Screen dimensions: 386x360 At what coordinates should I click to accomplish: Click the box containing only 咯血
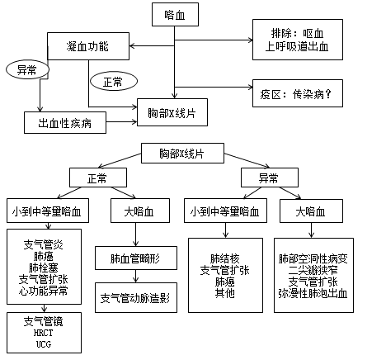(x=175, y=15)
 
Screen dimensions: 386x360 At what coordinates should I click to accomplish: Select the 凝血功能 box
(x=88, y=46)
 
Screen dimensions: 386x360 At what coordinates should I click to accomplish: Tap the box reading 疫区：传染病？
(x=298, y=93)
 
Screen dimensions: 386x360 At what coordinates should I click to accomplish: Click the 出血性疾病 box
(x=65, y=123)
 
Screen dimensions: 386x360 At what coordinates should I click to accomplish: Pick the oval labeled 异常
(x=27, y=70)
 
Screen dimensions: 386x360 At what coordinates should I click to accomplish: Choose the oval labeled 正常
(x=114, y=82)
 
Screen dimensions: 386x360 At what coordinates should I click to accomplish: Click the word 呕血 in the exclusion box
(x=313, y=34)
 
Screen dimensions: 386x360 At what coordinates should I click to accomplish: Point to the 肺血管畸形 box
(x=136, y=258)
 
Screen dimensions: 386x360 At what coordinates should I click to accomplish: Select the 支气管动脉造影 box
(x=136, y=297)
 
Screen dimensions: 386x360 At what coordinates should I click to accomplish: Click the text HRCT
(x=44, y=333)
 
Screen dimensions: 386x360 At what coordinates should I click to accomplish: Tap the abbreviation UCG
(x=44, y=344)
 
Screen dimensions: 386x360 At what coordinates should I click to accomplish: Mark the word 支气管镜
(x=44, y=321)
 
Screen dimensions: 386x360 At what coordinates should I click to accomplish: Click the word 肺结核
(x=225, y=258)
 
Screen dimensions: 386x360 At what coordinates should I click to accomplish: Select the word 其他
(x=225, y=293)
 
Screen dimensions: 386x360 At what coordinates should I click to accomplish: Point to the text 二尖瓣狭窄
(x=313, y=270)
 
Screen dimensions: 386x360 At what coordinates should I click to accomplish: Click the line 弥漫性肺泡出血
(x=313, y=293)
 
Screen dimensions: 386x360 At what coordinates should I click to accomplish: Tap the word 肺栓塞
(x=44, y=268)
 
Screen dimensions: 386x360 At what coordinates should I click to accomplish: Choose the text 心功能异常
(x=44, y=291)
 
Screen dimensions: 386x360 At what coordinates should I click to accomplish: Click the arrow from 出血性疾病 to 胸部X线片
(x=122, y=121)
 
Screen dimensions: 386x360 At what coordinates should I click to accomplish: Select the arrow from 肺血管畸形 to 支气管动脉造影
(x=135, y=276)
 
